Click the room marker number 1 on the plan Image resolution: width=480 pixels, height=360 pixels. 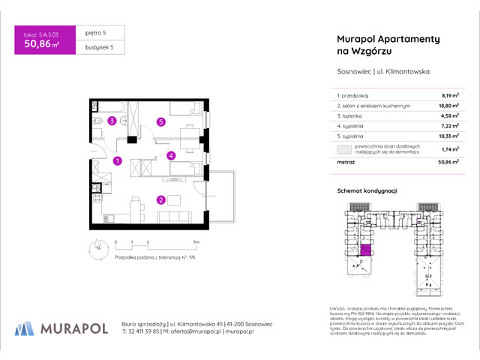[118, 160]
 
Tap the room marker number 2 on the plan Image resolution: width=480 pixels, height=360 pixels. [160, 199]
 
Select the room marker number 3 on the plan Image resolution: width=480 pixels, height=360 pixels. [112, 121]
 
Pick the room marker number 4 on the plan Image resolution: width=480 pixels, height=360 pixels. [171, 156]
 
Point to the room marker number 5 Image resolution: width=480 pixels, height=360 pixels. [160, 121]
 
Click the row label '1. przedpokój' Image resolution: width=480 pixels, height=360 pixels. [355, 96]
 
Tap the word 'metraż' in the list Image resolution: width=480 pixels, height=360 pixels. [346, 162]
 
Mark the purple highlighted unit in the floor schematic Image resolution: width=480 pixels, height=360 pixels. [366, 254]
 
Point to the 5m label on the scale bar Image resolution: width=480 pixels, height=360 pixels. [196, 242]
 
